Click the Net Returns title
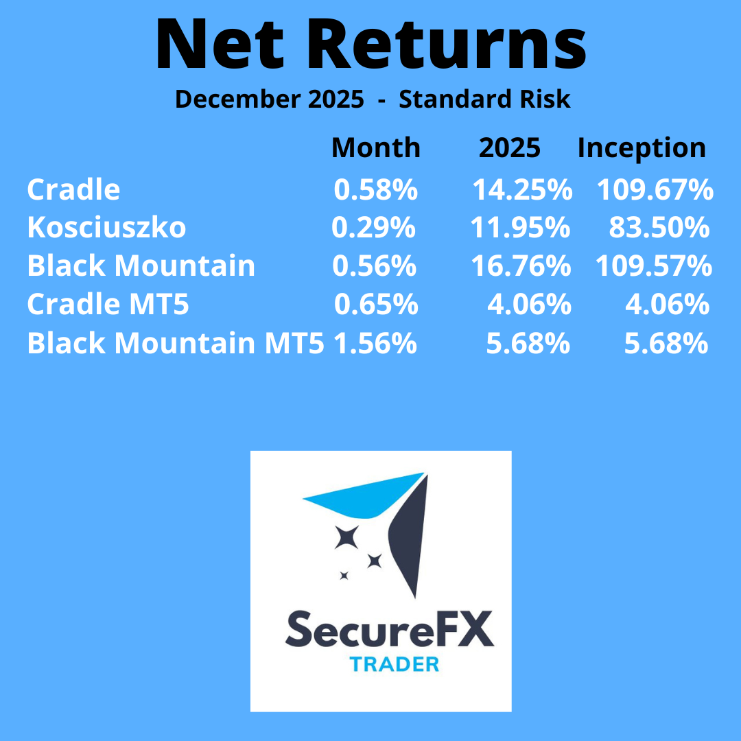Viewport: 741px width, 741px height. [x=371, y=44]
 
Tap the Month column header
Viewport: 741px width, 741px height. [x=376, y=148]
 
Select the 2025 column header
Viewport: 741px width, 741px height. [x=509, y=148]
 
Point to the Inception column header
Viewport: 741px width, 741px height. [x=642, y=148]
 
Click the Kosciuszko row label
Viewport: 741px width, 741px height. [x=106, y=227]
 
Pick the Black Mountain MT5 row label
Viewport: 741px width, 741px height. [x=176, y=342]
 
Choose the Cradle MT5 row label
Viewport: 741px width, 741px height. [x=108, y=304]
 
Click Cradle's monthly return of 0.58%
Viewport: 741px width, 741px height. [x=376, y=189]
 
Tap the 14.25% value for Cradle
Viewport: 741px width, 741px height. [x=522, y=189]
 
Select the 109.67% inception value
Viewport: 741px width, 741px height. [x=655, y=189]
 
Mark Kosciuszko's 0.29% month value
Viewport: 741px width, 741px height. [x=373, y=227]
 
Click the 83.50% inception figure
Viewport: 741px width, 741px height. [x=659, y=227]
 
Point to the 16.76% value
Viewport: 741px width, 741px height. [x=521, y=266]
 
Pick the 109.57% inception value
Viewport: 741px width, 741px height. [x=654, y=266]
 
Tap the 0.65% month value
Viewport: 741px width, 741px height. [x=376, y=304]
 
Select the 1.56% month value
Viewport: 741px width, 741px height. [x=375, y=342]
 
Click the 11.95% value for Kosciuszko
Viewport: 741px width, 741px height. [x=520, y=227]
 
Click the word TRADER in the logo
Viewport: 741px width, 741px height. [x=394, y=664]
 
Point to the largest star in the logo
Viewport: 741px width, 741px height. [x=346, y=537]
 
